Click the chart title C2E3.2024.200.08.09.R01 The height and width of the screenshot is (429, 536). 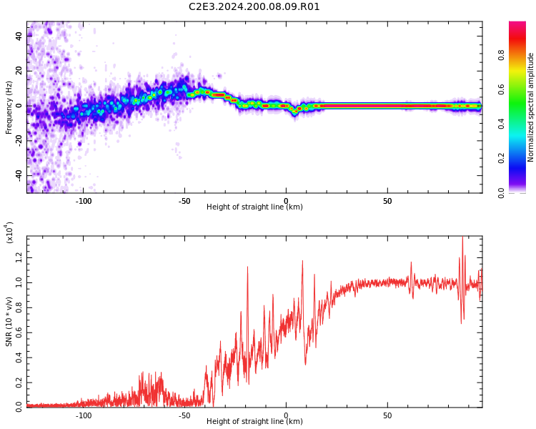tap(254, 6)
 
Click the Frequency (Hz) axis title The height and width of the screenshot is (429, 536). tap(9, 107)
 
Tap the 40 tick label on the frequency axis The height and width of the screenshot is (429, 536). tap(19, 36)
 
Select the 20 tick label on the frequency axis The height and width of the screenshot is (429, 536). tap(19, 71)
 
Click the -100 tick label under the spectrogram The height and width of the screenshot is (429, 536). tap(83, 201)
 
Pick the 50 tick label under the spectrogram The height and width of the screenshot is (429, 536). tap(387, 201)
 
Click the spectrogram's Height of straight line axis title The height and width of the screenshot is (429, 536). tap(254, 207)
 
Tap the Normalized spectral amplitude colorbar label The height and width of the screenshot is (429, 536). tap(530, 107)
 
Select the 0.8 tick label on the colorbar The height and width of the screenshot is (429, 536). tap(501, 55)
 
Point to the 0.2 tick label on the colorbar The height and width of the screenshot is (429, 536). tap(501, 158)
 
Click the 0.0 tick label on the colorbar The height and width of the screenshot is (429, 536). tap(501, 193)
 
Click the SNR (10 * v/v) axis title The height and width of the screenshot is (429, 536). tap(9, 322)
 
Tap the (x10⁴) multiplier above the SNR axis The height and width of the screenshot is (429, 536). tap(9, 232)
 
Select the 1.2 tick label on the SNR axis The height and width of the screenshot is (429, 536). tap(19, 257)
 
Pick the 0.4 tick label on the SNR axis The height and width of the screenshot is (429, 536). tap(19, 357)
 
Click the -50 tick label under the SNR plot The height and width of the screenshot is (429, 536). tap(184, 415)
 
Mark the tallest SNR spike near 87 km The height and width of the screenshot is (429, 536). tap(462, 237)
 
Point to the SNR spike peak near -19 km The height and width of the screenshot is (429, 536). tap(247, 267)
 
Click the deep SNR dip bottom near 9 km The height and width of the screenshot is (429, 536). tap(305, 365)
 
